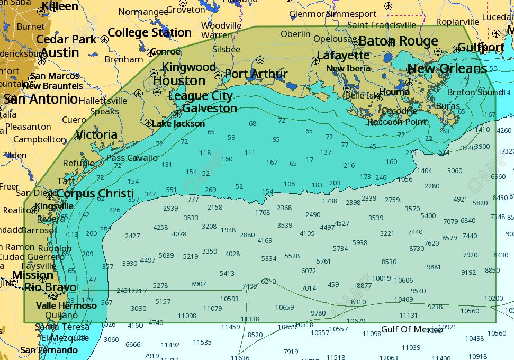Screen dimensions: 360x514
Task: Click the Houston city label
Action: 179,81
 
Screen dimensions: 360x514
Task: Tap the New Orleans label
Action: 447,69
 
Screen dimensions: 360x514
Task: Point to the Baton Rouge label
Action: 398,41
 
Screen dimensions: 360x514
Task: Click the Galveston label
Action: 210,109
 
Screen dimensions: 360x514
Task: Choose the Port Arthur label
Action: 256,74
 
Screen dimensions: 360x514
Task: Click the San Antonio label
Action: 41,99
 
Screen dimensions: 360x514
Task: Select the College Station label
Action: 149,33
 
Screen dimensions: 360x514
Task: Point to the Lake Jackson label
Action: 178,123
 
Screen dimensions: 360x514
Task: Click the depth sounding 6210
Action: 268,281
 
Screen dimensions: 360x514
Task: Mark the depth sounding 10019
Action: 381,278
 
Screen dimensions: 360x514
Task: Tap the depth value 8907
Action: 199,284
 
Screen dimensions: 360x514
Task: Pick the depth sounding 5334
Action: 269,259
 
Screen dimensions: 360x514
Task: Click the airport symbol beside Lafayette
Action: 316,61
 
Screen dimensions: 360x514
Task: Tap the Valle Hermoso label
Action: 66,305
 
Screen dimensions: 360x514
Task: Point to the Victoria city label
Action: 96,135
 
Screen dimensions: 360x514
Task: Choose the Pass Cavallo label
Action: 132,158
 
